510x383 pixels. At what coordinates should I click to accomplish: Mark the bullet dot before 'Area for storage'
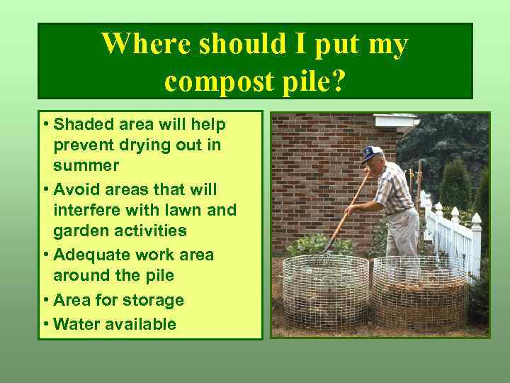(x=46, y=300)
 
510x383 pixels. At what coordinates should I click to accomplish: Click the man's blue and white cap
(x=372, y=152)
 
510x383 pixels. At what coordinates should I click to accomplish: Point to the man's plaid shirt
(x=394, y=188)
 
